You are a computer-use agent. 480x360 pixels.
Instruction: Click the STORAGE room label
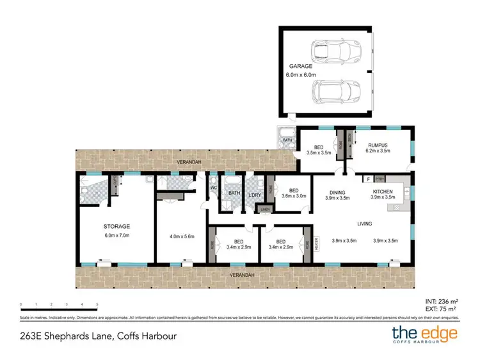coord(116,226)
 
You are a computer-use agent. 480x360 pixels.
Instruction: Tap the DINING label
coord(337,191)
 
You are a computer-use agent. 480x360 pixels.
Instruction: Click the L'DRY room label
coord(255,194)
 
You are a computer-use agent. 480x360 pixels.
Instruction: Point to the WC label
coord(212,188)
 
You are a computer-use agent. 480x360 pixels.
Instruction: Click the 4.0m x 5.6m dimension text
coord(181,237)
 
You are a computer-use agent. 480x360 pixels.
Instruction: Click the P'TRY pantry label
coord(379,179)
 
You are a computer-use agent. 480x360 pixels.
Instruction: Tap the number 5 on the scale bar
coord(97,304)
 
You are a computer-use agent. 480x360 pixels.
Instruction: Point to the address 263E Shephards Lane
coord(97,335)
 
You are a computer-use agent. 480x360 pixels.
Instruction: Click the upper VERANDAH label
coord(189,162)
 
